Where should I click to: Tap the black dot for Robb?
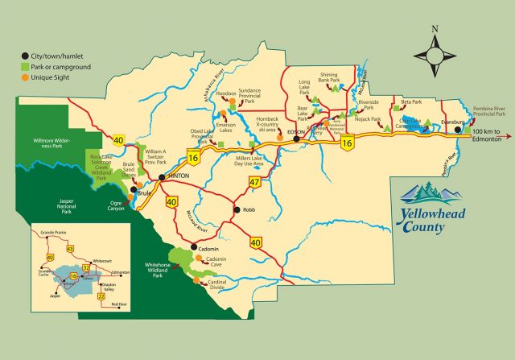[x=235, y=210]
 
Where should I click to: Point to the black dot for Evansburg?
[x=457, y=129]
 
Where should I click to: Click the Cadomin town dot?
[x=193, y=248]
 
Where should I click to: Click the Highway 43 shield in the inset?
[x=69, y=249]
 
